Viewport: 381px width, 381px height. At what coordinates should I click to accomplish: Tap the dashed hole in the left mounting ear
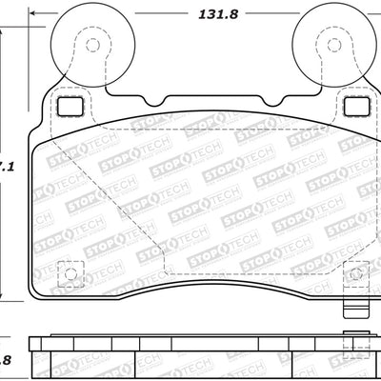[x=92, y=45]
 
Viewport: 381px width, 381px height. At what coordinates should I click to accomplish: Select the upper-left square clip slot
[x=69, y=106]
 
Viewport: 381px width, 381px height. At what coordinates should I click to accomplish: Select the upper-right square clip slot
[x=354, y=106]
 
